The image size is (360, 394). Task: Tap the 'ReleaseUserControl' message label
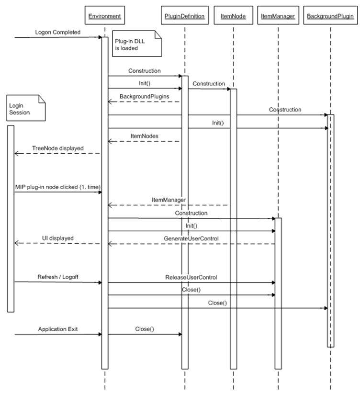[x=191, y=277]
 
